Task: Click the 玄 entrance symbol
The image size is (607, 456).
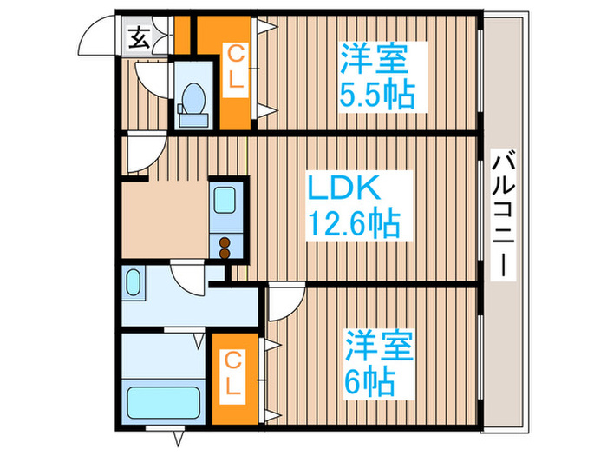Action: [139, 37]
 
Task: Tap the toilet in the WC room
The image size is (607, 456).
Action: [192, 99]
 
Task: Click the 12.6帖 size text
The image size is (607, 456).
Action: [354, 225]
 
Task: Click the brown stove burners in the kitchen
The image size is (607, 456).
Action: [225, 248]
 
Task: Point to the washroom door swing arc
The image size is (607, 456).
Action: [188, 278]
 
